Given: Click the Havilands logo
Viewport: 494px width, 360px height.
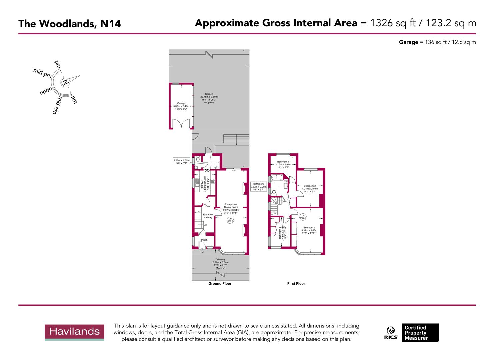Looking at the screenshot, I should (x=74, y=332).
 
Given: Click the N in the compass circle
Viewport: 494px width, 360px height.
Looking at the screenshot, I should (x=66, y=82).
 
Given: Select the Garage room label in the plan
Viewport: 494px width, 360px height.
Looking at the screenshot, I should (x=181, y=103).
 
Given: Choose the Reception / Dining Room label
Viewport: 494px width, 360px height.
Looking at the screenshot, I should (x=231, y=206).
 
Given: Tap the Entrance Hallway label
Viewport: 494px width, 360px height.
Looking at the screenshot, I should (x=208, y=216).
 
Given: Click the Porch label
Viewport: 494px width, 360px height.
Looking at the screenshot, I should (x=204, y=240).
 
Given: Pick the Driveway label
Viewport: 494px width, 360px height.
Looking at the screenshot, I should (x=220, y=259).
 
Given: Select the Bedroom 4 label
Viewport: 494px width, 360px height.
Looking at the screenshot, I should (x=283, y=162).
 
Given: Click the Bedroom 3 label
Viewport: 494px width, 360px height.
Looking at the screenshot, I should (x=310, y=186).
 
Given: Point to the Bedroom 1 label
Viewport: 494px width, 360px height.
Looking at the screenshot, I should (x=309, y=228).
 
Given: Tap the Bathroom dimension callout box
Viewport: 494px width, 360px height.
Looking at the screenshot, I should (x=258, y=187).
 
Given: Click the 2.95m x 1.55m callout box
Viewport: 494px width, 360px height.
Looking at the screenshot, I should (x=181, y=162).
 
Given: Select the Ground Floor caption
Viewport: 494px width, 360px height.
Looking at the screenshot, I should (x=220, y=284).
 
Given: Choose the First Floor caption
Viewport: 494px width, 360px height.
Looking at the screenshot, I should (x=296, y=284).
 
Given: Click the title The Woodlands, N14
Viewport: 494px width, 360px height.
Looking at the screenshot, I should (x=69, y=24).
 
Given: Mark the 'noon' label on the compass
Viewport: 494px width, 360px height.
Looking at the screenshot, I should (x=46, y=91).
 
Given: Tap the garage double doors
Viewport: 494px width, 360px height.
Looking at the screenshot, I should (x=181, y=124).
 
